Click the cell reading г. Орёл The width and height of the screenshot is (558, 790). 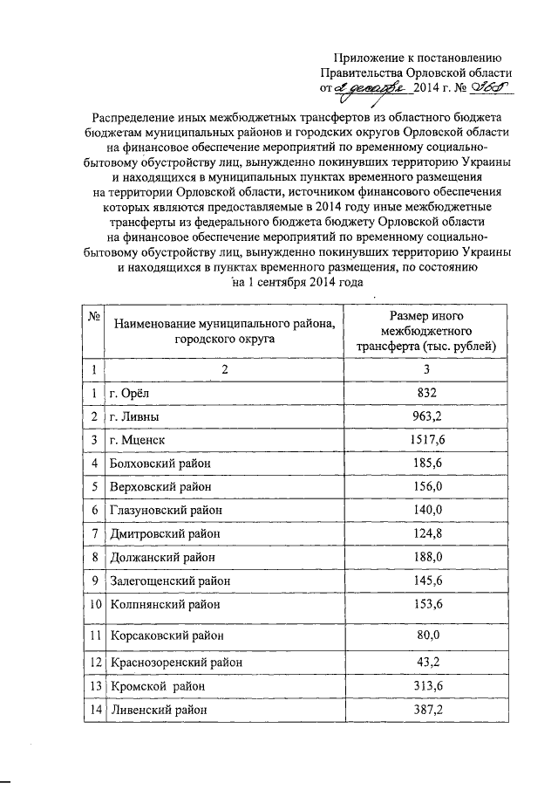pyautogui.click(x=128, y=393)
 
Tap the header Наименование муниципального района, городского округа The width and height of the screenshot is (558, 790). pyautogui.click(x=223, y=331)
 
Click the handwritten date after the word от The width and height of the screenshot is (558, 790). pyautogui.click(x=366, y=87)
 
